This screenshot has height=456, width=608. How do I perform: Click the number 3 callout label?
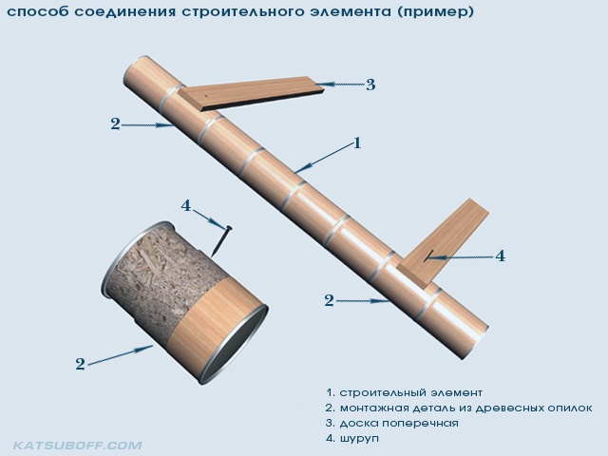click(x=370, y=85)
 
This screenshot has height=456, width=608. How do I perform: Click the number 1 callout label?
click(x=357, y=143)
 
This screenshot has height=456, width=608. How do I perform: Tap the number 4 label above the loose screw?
click(x=186, y=205)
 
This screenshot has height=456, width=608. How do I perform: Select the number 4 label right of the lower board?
click(x=501, y=256)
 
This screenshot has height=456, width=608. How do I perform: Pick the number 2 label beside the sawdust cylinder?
click(x=80, y=364)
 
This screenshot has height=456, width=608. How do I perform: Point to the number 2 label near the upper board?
click(x=115, y=124)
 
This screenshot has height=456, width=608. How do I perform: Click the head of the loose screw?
click(x=229, y=228)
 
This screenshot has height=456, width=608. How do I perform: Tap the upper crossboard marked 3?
click(x=252, y=93)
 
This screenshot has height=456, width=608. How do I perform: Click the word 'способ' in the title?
click(x=38, y=12)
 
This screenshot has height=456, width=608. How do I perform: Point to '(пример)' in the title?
click(x=435, y=12)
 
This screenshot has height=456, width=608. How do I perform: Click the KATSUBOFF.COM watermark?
click(x=78, y=446)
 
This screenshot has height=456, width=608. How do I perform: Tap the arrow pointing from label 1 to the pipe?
click(x=323, y=159)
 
